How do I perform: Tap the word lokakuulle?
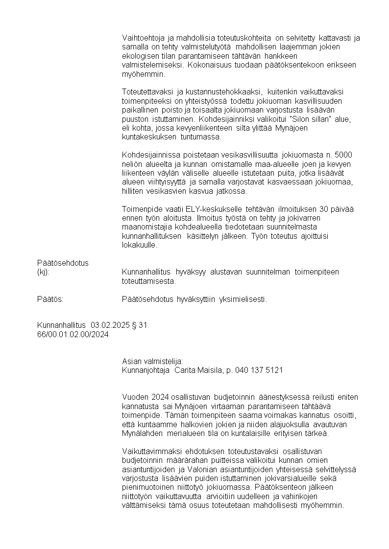coord(140,245)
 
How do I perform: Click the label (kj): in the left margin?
coord(44,272)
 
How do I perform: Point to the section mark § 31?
coord(140,325)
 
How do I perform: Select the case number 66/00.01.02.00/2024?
coord(73,334)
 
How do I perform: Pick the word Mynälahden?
coord(144,434)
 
